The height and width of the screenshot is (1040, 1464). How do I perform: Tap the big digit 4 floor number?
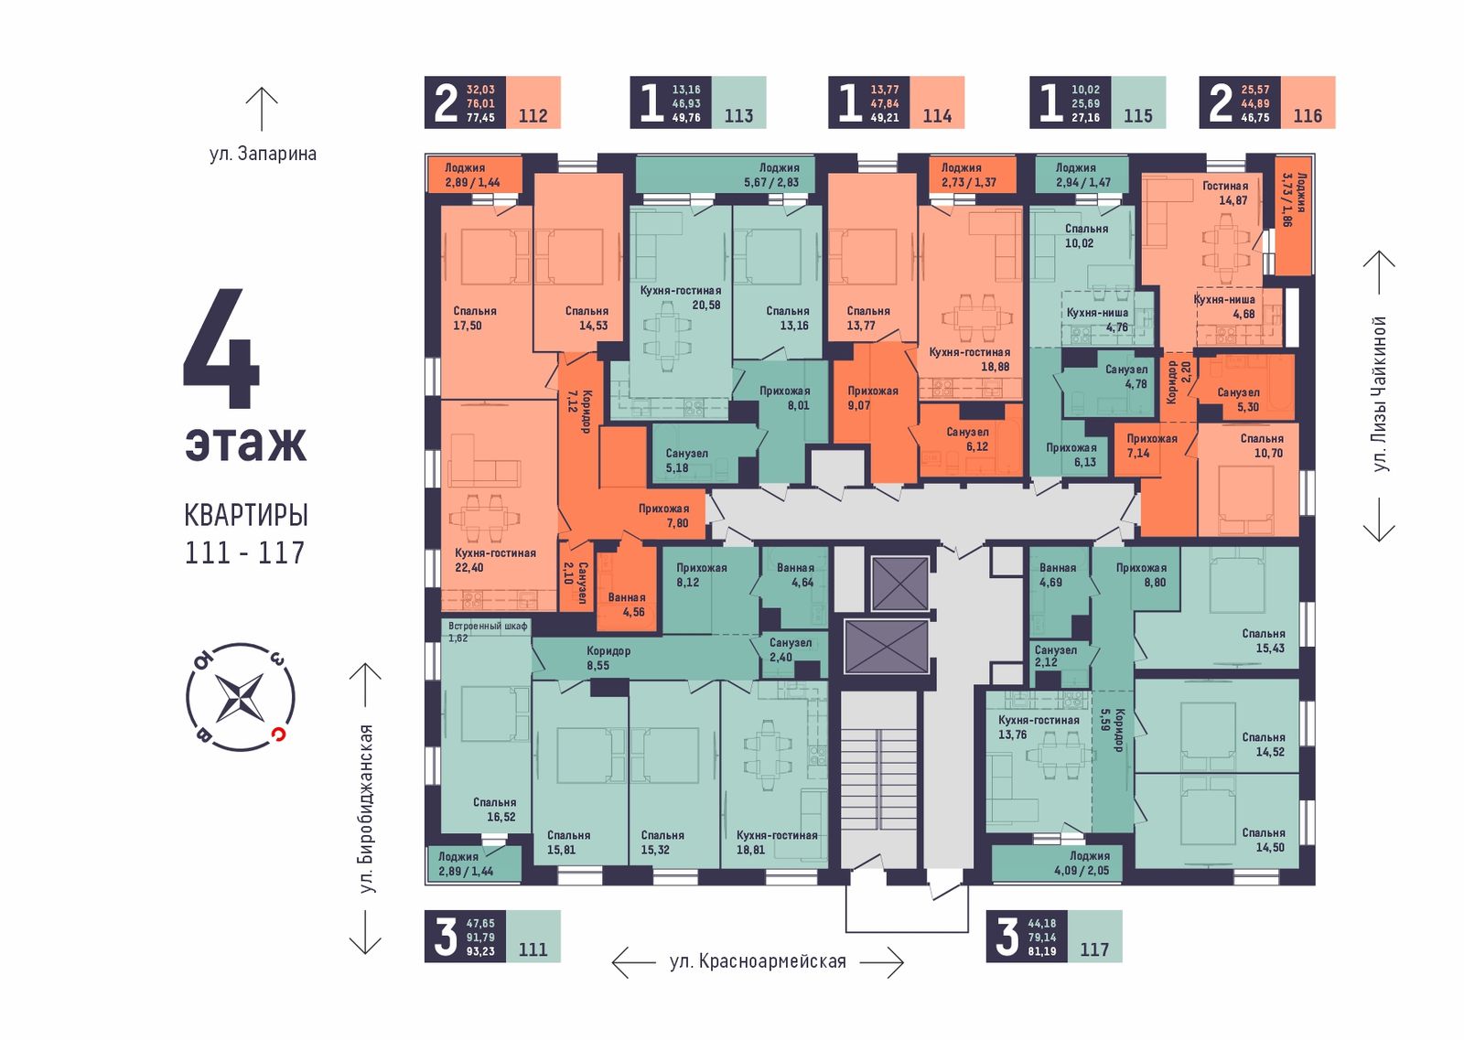pyautogui.click(x=221, y=348)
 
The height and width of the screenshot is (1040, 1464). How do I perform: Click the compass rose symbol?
pyautogui.click(x=241, y=697)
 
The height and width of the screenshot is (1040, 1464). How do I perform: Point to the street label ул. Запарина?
pyautogui.click(x=263, y=155)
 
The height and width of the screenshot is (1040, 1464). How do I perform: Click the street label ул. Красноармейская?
pyautogui.click(x=758, y=961)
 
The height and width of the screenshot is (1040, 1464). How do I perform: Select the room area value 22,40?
pyautogui.click(x=469, y=567)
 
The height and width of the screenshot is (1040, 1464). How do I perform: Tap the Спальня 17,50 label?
pyautogui.click(x=475, y=318)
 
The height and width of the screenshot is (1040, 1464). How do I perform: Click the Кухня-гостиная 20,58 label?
pyautogui.click(x=681, y=297)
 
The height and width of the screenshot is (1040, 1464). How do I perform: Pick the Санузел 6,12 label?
pyautogui.click(x=968, y=439)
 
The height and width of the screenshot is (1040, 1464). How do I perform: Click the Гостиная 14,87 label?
pyautogui.click(x=1225, y=193)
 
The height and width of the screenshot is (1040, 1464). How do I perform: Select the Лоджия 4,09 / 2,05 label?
pyautogui.click(x=1082, y=863)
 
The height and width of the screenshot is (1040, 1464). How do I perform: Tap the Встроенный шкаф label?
pyautogui.click(x=488, y=626)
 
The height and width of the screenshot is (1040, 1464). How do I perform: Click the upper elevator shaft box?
pyautogui.click(x=900, y=584)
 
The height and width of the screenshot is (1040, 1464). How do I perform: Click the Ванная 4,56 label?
pyautogui.click(x=627, y=605)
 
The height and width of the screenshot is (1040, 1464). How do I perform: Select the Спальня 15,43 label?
pyautogui.click(x=1264, y=641)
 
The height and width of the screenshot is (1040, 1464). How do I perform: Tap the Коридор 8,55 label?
pyautogui.click(x=608, y=658)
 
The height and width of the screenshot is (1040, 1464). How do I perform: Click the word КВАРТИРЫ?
pyautogui.click(x=246, y=516)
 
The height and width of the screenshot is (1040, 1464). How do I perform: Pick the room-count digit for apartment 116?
pyautogui.click(x=1220, y=103)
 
